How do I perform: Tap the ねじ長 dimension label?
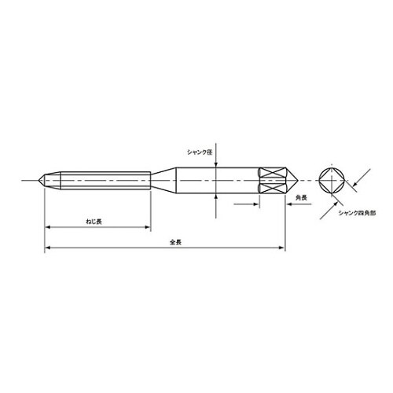[94, 222]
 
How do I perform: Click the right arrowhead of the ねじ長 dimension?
[148, 228]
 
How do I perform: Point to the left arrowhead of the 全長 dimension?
[46, 248]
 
